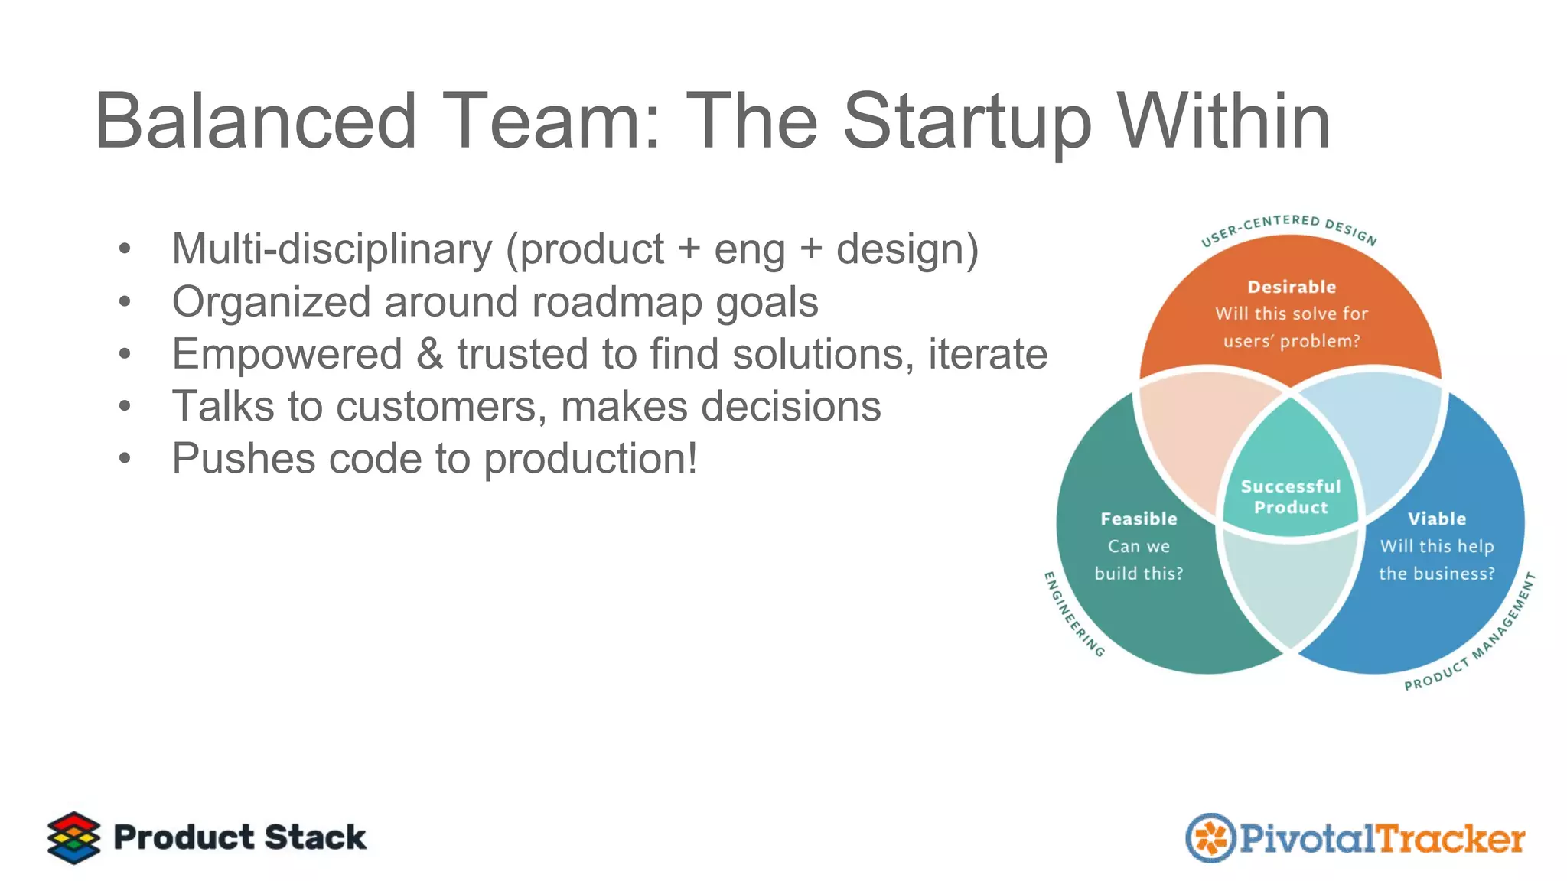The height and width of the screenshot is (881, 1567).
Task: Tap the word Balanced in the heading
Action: pos(256,122)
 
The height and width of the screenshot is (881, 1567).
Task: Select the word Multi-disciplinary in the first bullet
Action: pos(332,249)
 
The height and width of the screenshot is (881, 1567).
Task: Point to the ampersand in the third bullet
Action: pos(430,354)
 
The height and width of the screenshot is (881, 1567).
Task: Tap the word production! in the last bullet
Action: pos(590,459)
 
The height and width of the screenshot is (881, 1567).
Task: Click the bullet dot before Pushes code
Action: pos(125,459)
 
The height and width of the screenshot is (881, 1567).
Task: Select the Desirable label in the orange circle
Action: pos(1291,287)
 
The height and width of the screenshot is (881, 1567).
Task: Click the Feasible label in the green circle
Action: pos(1139,519)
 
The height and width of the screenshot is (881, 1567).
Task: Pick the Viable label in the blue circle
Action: pos(1436,519)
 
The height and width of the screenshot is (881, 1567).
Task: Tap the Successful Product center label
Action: pos(1291,496)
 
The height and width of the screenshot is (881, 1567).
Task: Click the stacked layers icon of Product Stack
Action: pos(73,837)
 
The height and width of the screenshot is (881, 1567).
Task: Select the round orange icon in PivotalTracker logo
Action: pos(1210,838)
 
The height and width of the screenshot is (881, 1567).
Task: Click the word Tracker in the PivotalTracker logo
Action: pos(1451,839)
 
